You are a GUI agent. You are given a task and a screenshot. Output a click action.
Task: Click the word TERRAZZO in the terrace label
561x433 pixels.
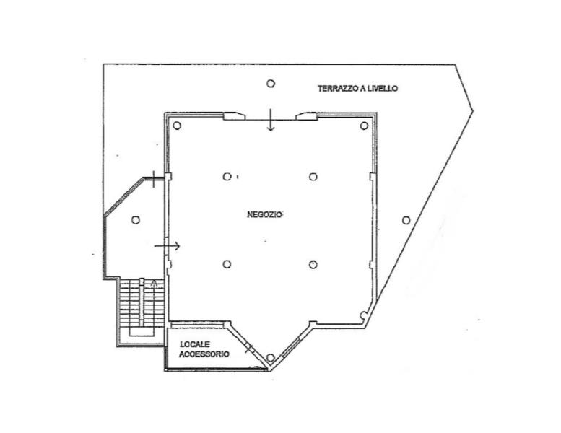[338, 88]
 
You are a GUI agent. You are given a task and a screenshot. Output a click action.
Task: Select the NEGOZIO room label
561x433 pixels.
[265, 214]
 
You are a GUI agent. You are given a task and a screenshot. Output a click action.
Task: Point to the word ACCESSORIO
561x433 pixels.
[204, 354]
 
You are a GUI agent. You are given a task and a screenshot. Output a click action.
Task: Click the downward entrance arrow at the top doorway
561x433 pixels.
[271, 120]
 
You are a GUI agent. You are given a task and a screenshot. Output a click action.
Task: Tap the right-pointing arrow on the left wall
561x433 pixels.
[167, 246]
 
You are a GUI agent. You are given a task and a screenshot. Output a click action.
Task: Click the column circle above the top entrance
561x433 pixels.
[271, 83]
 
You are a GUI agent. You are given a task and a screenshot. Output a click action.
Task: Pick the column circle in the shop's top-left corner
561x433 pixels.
[177, 126]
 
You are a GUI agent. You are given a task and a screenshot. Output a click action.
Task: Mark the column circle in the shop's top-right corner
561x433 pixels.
[364, 126]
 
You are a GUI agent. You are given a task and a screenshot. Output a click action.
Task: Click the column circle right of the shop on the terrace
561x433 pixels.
[406, 220]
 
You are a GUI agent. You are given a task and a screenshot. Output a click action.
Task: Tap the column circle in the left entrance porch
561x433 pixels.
[136, 220]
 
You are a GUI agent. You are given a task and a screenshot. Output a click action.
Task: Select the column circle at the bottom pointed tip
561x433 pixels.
[271, 357]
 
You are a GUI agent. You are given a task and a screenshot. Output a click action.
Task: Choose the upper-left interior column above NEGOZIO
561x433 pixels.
[227, 177]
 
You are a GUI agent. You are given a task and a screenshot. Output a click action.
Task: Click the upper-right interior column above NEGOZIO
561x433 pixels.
[313, 177]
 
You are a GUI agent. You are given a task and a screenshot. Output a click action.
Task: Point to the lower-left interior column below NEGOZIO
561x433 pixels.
[227, 264]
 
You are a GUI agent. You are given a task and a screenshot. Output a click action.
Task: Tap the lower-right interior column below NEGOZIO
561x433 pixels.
[313, 264]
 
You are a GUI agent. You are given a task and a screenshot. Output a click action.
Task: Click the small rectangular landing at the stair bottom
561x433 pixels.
[142, 331]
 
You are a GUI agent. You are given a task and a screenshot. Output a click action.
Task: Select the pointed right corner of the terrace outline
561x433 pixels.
[473, 111]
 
